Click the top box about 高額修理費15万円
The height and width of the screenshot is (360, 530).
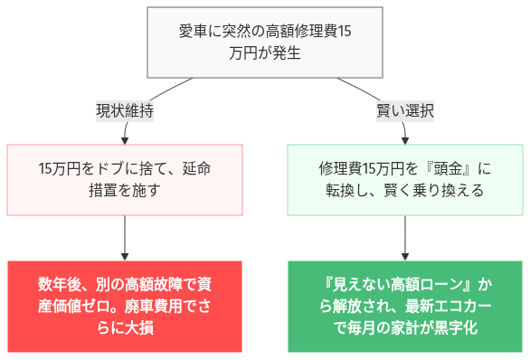tap(265, 43)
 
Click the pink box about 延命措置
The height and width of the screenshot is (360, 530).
tap(125, 179)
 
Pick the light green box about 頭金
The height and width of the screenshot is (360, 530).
tap(404, 179)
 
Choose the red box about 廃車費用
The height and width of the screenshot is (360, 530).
tap(125, 306)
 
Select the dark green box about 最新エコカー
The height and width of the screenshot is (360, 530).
tap(404, 306)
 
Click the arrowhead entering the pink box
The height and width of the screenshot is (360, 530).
tap(125, 139)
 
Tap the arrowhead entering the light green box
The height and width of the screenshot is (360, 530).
tap(405, 139)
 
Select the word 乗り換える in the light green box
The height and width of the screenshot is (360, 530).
tap(450, 191)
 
